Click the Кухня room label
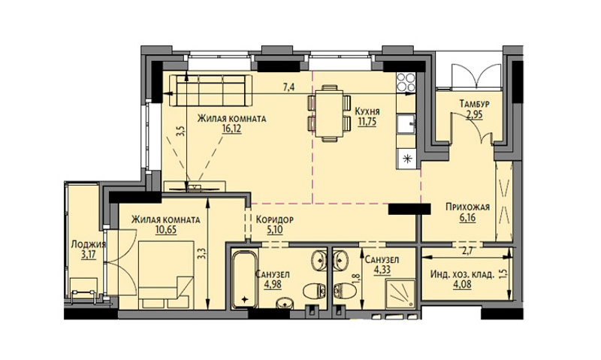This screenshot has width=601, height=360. point(367,111)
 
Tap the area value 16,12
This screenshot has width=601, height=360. point(231,128)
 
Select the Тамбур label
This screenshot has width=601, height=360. point(475,104)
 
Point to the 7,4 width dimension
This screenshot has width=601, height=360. point(289,87)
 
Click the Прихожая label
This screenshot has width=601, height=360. point(467,207)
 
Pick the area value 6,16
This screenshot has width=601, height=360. point(467,217)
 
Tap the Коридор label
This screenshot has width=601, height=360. point(274,219)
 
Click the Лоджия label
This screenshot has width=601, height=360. point(89,244)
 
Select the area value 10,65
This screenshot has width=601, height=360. point(166,230)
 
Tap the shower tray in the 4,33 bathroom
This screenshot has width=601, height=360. point(400,292)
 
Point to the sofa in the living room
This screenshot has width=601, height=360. point(210,90)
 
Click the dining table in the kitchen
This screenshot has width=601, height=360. point(329,113)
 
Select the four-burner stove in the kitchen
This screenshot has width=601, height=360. point(406,83)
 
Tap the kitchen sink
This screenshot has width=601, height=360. point(406,123)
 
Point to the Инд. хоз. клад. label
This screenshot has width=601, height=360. point(462,274)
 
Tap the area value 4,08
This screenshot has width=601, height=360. point(462,284)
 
